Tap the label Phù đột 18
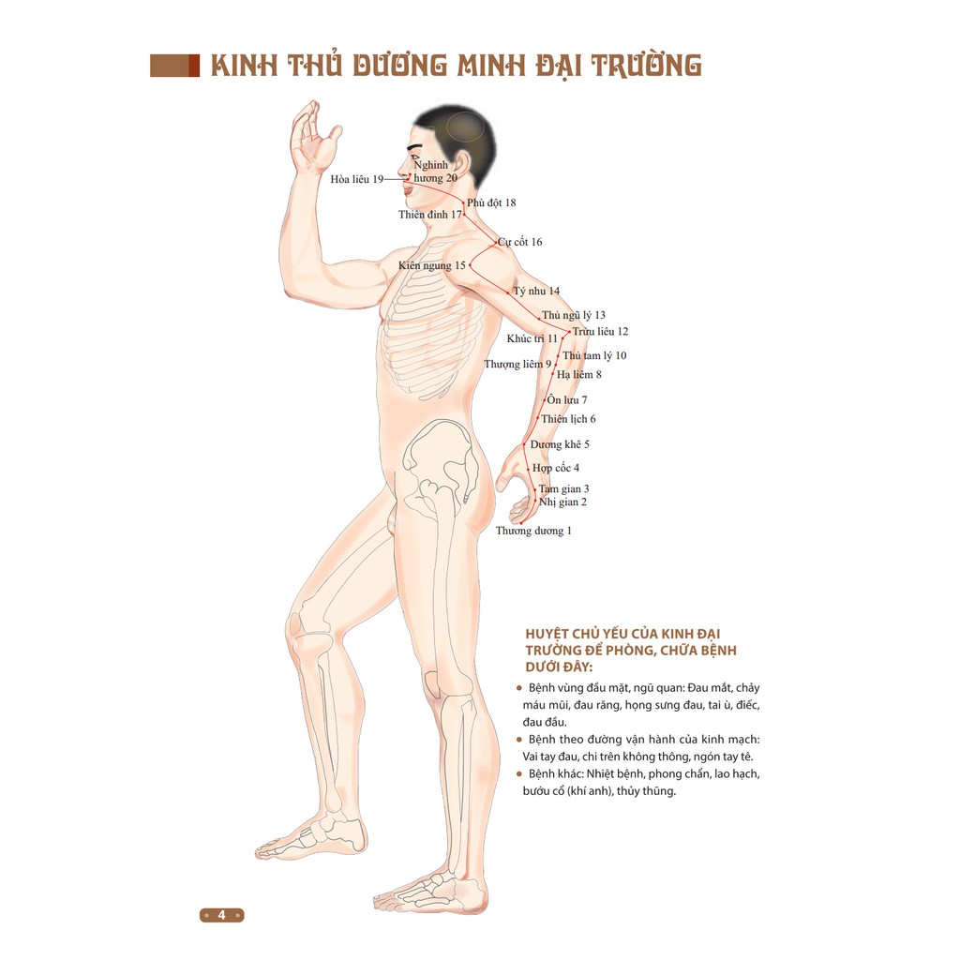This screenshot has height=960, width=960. tap(491, 202)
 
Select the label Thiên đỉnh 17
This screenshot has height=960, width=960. tap(429, 215)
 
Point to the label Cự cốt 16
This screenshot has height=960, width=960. tap(520, 242)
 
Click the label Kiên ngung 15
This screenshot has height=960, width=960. tap(431, 266)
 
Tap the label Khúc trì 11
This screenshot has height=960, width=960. tap(532, 338)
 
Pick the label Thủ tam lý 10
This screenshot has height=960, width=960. tap(594, 356)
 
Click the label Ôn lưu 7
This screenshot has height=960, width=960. tap(567, 400)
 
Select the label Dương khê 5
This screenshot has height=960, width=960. tap(560, 444)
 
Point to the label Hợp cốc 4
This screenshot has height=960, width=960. tap(556, 468)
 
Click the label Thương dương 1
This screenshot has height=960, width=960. tap(533, 532)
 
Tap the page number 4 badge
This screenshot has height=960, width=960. tap(222, 915)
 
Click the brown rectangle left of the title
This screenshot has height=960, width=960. tap(175, 65)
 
